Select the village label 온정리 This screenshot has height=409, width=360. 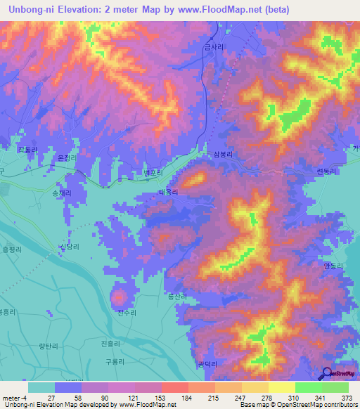tap(65, 159)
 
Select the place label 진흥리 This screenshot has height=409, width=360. tap(112, 343)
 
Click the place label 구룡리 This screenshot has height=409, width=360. tap(115, 361)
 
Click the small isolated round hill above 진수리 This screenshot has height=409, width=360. tap(118, 298)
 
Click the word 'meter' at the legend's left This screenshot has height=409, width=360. tap(12, 398)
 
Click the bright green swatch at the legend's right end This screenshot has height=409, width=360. tap(335, 387)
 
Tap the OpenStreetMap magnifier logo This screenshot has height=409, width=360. tap(328, 375)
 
